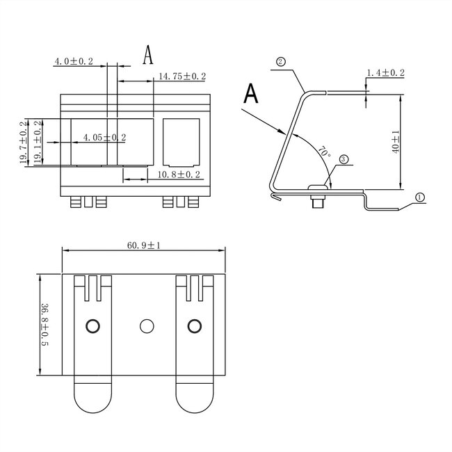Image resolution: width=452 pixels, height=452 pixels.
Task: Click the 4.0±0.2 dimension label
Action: [74, 62]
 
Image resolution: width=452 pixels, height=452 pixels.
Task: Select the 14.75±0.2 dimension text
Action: [182, 76]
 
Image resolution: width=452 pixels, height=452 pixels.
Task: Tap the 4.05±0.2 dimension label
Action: [104, 138]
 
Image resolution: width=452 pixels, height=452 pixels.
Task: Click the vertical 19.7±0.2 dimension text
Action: [23, 143]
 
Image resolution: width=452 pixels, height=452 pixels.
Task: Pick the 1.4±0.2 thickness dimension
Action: [387, 73]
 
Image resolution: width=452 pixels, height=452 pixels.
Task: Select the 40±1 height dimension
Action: [396, 142]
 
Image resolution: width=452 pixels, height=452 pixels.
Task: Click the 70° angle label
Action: [323, 152]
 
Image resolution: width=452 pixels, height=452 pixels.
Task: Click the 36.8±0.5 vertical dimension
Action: [44, 325]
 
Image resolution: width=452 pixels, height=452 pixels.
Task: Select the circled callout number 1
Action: [419, 197]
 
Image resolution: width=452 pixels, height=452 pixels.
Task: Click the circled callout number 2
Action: [281, 62]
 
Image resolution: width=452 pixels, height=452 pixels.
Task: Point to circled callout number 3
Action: [344, 159]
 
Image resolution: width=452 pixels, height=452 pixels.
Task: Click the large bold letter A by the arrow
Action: [252, 93]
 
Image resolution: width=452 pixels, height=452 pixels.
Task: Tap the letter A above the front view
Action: [147, 55]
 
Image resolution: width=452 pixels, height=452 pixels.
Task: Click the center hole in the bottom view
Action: [146, 325]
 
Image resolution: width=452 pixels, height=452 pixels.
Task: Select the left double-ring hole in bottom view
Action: [92, 325]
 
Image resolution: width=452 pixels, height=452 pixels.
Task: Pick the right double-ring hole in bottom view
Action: [193, 325]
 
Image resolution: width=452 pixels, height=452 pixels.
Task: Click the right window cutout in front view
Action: [181, 141]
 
